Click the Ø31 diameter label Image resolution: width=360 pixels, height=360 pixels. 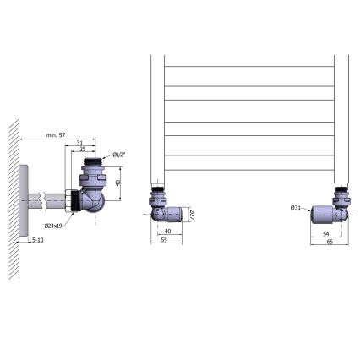(297, 208)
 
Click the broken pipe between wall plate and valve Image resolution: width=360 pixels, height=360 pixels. (49, 201)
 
